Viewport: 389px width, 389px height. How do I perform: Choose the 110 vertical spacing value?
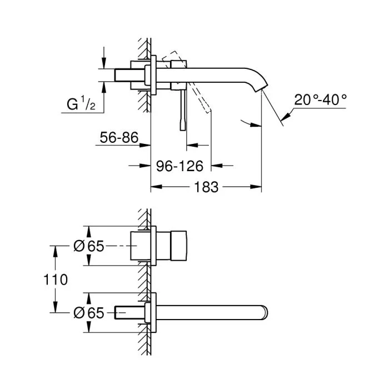[56, 279]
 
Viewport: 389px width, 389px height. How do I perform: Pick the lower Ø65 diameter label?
[88, 313]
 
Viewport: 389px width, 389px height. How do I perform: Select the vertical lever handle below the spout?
[182, 111]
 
